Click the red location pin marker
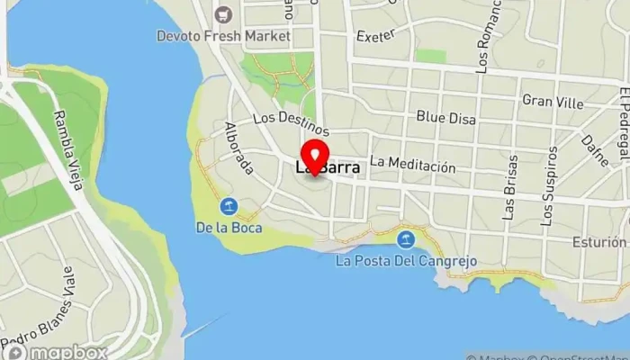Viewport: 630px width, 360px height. tap(315, 155)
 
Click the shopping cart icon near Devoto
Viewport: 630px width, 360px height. tap(224, 14)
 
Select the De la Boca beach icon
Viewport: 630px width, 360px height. tap(229, 208)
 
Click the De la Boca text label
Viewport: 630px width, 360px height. tap(229, 228)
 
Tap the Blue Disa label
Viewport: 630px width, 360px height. tap(444, 116)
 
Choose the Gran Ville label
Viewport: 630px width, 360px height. tap(553, 102)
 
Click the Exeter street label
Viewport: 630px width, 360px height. tap(376, 37)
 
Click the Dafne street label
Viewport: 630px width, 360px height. tap(591, 150)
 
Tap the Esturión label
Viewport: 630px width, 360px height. tap(598, 242)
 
